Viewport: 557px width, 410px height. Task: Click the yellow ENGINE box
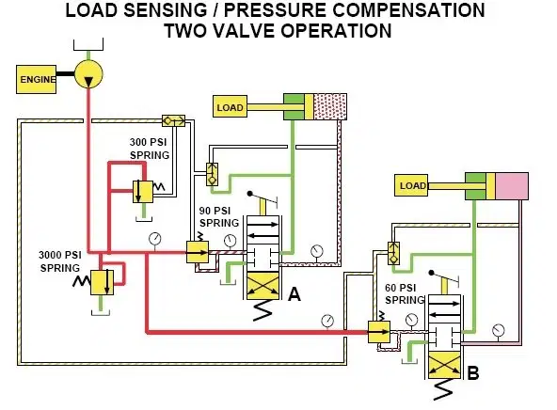(37, 80)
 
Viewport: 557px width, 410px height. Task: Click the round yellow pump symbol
(88, 74)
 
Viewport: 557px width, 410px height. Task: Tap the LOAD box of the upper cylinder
(230, 106)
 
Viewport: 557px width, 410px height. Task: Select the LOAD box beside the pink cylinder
(411, 185)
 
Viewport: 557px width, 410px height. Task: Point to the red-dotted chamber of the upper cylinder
(330, 106)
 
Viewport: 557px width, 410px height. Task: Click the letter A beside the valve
(294, 294)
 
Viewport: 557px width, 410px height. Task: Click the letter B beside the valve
(473, 373)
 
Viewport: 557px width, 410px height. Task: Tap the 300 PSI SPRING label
(150, 149)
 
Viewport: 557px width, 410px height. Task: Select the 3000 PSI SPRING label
(60, 261)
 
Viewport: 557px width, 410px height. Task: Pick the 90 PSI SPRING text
(219, 217)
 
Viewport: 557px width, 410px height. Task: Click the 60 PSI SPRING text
(405, 294)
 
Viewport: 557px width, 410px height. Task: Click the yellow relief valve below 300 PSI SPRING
(143, 192)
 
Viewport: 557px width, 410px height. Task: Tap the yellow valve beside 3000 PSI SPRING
(102, 282)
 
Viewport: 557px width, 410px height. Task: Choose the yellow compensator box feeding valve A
(198, 252)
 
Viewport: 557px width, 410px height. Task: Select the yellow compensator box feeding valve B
(379, 332)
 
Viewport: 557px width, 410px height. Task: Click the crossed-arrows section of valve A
(263, 286)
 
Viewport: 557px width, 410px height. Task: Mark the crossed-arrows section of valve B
(444, 366)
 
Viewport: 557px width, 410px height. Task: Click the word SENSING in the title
(166, 10)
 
